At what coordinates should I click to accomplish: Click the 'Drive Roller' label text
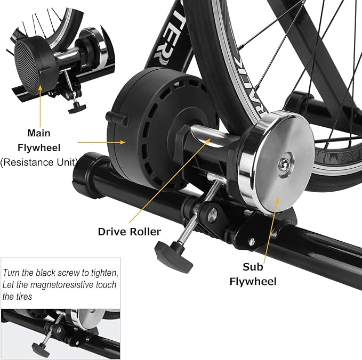tap(129, 232)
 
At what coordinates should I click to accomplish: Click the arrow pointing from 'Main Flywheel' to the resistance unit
tap(101, 142)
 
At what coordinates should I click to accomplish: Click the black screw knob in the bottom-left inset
tap(41, 349)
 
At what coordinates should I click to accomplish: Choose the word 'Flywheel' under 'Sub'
tap(253, 281)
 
